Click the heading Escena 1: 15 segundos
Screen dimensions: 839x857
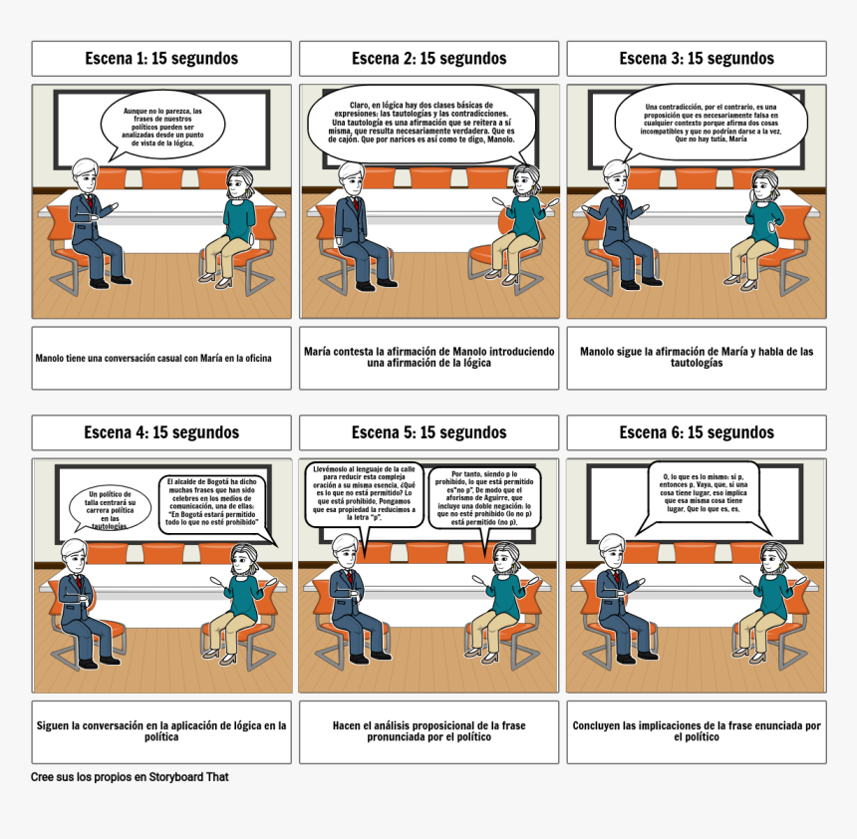click(x=161, y=59)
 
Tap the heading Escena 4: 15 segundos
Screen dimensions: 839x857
click(x=161, y=432)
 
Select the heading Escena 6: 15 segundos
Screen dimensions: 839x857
click(x=697, y=432)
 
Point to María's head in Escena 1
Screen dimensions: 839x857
click(x=240, y=183)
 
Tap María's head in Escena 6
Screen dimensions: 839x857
click(x=770, y=557)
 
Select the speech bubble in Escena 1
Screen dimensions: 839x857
click(x=161, y=127)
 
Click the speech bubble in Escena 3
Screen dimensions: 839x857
click(x=710, y=123)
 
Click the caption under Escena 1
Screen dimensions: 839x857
click(x=161, y=358)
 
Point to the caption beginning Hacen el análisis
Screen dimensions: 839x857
click(x=428, y=731)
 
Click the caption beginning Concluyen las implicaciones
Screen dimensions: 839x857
click(x=697, y=731)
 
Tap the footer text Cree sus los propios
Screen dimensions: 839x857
click(x=130, y=776)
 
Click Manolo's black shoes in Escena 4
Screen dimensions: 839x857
click(x=100, y=660)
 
